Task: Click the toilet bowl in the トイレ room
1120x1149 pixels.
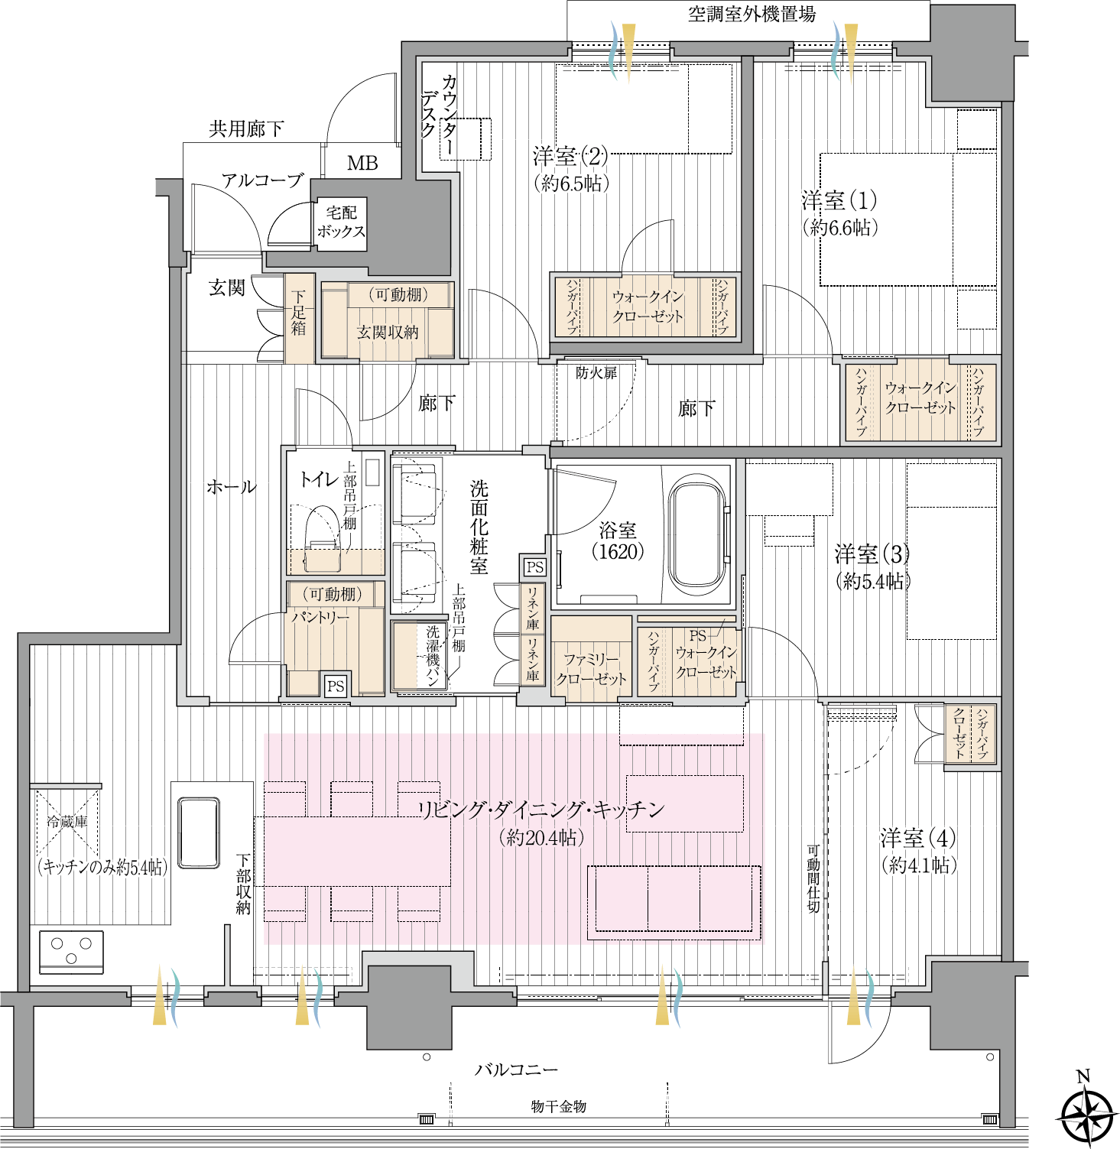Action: click(x=323, y=537)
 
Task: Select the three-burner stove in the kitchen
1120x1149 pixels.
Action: click(x=71, y=952)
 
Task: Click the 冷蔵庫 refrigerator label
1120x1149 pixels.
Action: click(x=67, y=822)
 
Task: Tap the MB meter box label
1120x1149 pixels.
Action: click(x=362, y=163)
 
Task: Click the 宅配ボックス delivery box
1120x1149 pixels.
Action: click(x=341, y=222)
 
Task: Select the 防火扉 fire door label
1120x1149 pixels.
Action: click(x=596, y=373)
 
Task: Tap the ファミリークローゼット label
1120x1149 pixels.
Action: click(x=591, y=669)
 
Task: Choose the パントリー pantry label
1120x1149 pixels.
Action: click(x=320, y=617)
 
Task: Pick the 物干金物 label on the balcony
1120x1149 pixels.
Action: click(x=559, y=1106)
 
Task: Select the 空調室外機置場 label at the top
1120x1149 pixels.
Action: click(x=752, y=14)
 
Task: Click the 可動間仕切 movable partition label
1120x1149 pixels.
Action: click(x=813, y=878)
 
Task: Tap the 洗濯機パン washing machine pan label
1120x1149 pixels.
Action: click(x=433, y=656)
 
